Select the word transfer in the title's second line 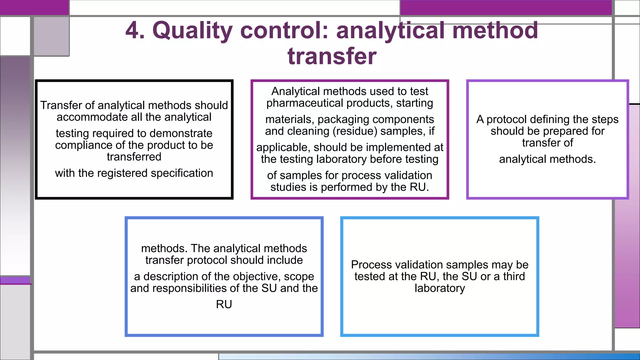(332, 56)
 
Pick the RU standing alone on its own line (224, 304)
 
